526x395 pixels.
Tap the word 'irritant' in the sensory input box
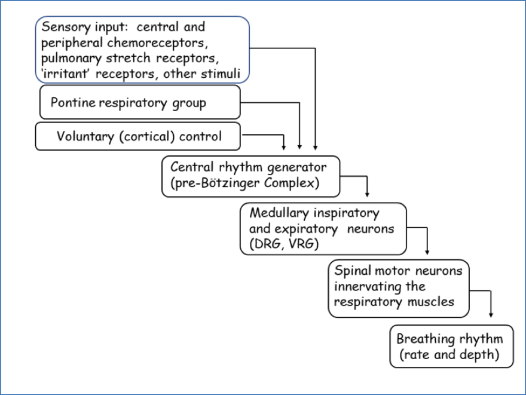(x=63, y=75)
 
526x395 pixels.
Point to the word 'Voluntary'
(x=81, y=136)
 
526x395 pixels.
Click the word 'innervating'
(x=367, y=286)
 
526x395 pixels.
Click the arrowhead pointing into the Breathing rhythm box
(x=490, y=316)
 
